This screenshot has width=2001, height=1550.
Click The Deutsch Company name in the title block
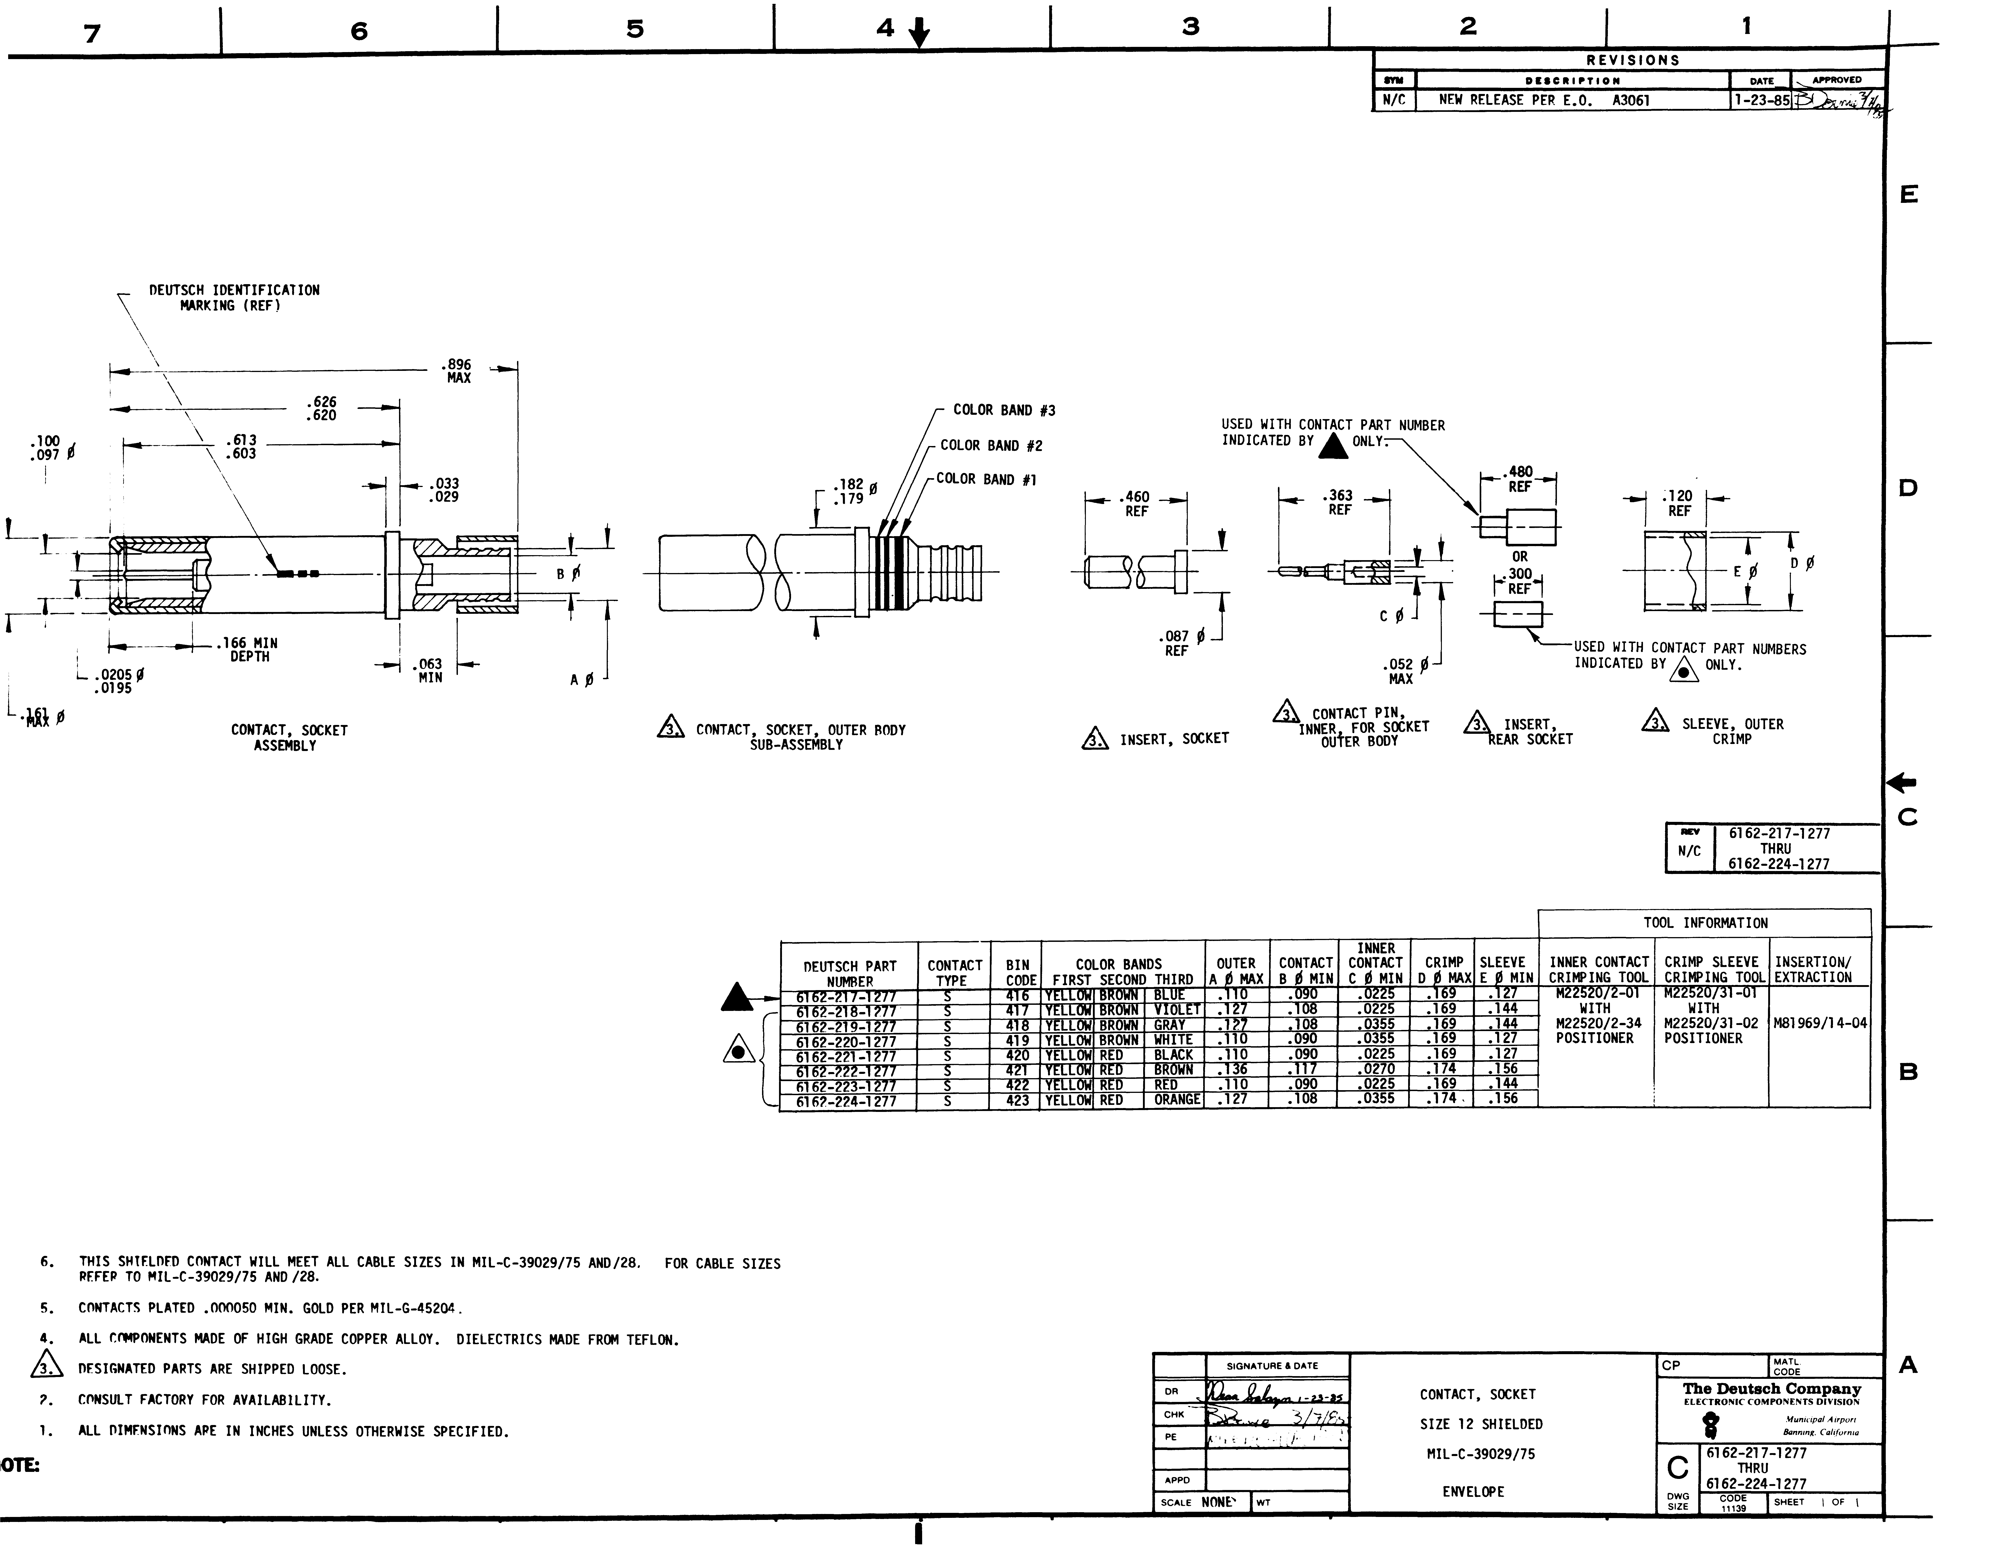click(1772, 1389)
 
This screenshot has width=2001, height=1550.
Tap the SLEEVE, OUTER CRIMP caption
click(1732, 731)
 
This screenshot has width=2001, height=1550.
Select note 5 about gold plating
click(270, 1308)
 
